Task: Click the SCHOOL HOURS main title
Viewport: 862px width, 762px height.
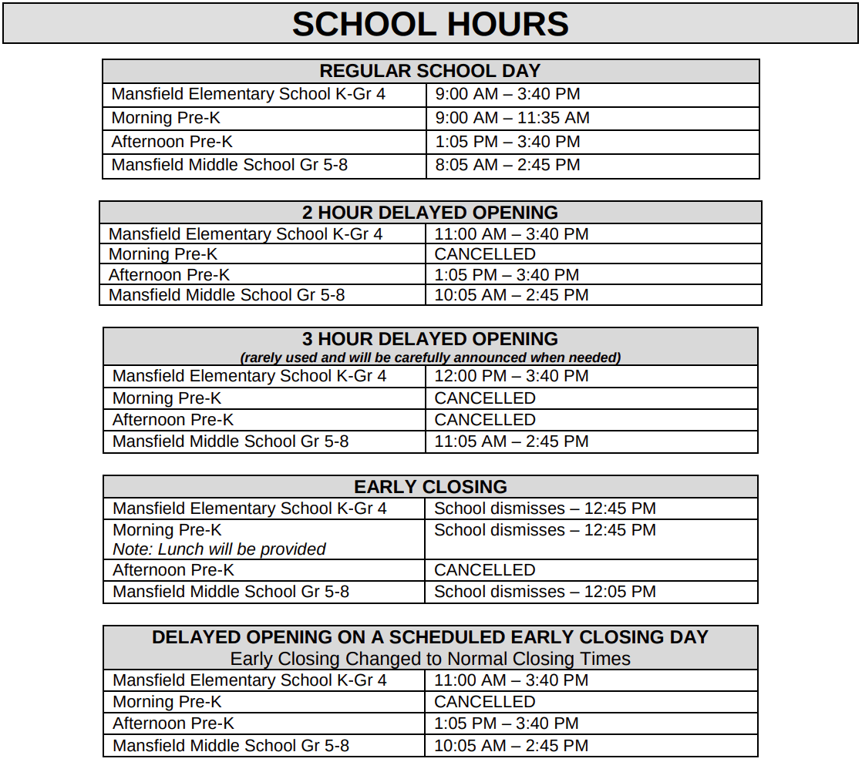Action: [430, 24]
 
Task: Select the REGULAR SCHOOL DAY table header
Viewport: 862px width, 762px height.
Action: [430, 71]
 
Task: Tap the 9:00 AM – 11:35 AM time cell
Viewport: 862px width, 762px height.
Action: [512, 118]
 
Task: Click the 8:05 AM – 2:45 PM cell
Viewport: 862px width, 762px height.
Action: [507, 165]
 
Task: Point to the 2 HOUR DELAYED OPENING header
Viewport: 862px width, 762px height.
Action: [430, 213]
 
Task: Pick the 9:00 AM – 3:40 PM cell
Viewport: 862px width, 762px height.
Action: [507, 94]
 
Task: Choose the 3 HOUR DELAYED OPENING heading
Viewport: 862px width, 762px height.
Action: [430, 339]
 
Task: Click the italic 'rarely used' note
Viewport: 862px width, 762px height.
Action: [430, 358]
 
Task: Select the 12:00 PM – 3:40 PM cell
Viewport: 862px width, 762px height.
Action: [511, 376]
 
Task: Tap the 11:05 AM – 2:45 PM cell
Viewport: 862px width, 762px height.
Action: [511, 441]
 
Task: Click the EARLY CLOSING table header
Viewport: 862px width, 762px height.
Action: [430, 487]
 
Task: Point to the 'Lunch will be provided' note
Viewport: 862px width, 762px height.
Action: [219, 549]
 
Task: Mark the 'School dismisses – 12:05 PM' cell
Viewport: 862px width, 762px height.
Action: [544, 592]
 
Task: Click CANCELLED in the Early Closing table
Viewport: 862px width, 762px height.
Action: [484, 570]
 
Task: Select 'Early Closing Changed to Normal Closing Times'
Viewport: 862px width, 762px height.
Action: [430, 659]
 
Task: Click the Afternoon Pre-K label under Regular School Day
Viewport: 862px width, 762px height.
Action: [172, 142]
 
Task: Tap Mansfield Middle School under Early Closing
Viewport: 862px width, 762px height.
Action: [231, 592]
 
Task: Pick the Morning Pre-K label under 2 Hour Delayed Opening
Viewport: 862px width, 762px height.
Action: [163, 254]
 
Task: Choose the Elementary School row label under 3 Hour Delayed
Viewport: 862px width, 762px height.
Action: [249, 376]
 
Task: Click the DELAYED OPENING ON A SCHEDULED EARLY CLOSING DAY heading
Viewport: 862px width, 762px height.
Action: [430, 637]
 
